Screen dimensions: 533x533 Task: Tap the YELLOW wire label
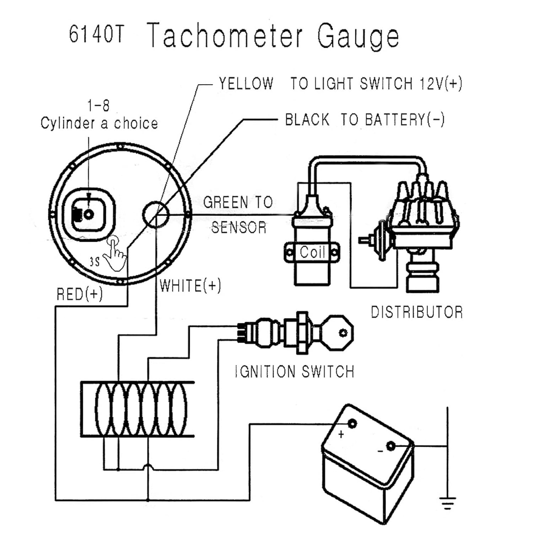click(246, 84)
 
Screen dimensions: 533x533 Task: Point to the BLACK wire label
click(307, 120)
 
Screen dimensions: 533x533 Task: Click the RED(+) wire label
click(80, 294)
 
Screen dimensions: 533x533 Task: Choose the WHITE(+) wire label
click(190, 286)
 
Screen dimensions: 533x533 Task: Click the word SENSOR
click(239, 227)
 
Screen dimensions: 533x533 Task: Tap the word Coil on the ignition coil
click(312, 252)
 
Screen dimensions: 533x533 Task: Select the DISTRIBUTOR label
click(417, 312)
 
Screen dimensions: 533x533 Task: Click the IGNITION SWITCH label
click(295, 372)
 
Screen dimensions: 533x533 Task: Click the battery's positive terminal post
click(352, 424)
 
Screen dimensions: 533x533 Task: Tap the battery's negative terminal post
click(391, 446)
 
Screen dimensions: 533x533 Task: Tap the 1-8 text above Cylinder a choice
click(98, 106)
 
